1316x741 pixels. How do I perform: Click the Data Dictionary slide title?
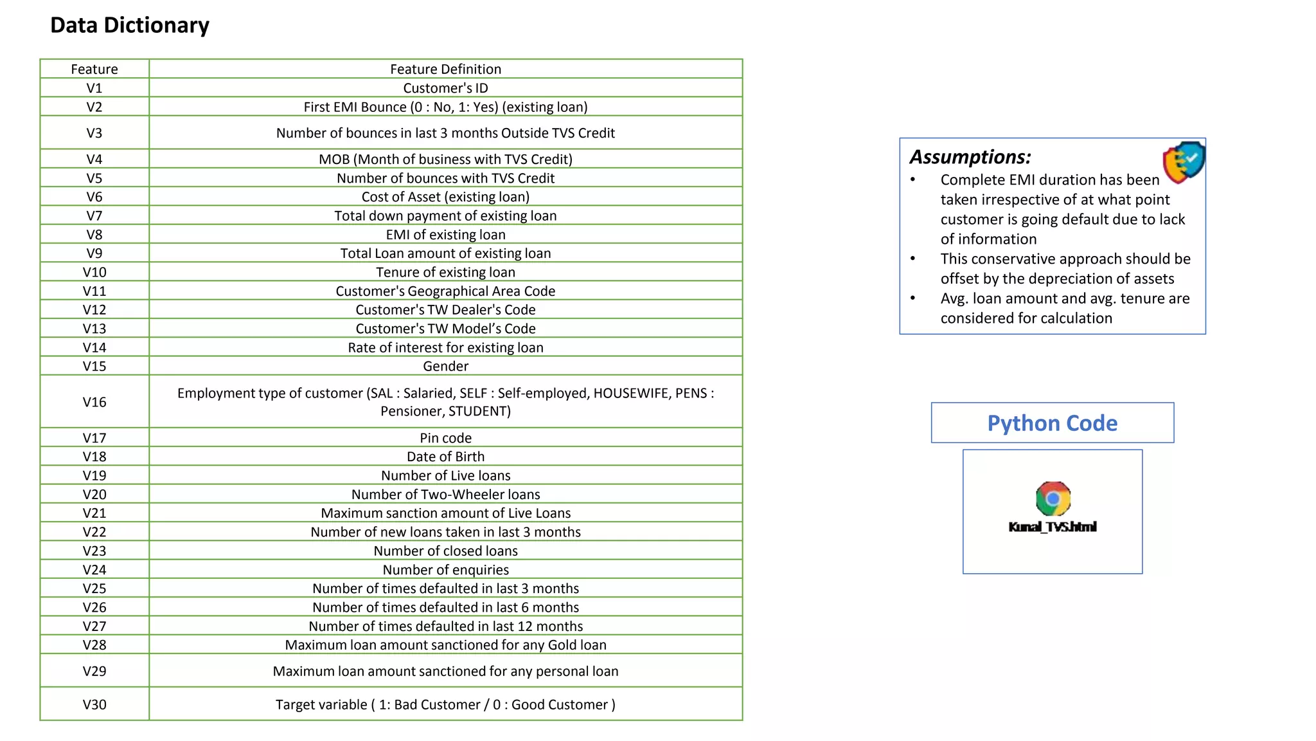coord(130,25)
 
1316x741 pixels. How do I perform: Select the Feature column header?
coord(94,69)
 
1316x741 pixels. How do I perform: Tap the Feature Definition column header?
coord(445,69)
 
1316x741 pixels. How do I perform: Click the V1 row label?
coord(94,88)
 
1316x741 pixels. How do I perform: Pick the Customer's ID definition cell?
coord(445,88)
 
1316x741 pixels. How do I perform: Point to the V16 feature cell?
coord(94,402)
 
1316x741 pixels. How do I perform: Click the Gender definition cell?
coord(445,366)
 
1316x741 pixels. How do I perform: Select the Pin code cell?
coord(445,438)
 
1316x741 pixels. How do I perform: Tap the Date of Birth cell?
coord(445,457)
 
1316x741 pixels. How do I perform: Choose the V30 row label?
coord(94,704)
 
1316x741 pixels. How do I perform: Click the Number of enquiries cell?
coord(445,570)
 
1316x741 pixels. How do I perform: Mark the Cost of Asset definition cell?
coord(445,197)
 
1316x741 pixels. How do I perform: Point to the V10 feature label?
coord(94,272)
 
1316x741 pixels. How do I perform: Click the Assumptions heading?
coord(970,157)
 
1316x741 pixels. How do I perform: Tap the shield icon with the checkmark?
coord(1184,161)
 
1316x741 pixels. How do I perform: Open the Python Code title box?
coord(1052,423)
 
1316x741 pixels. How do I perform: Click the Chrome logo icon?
coord(1053,499)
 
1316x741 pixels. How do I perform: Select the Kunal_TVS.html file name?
coord(1053,527)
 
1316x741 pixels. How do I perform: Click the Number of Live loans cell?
coord(445,475)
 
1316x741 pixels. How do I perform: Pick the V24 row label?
coord(94,570)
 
